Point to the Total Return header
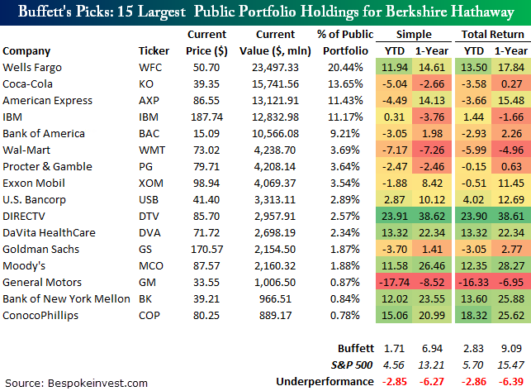491,35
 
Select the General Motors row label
38,282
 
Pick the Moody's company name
24,265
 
